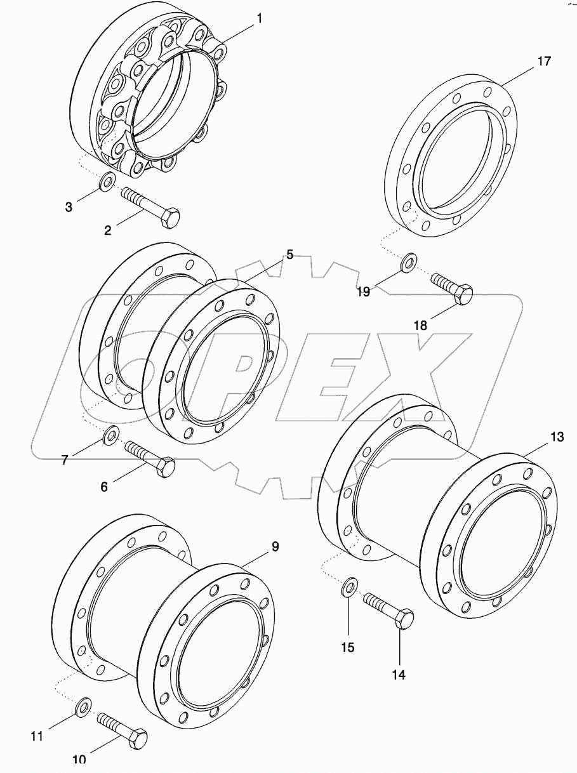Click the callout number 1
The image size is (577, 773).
pos(259,20)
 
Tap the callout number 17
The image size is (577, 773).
pos(543,62)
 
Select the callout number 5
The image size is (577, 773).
pos(289,255)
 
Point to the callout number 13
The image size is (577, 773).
pos(556,437)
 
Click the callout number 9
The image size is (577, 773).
pos(275,546)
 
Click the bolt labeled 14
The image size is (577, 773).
pos(388,608)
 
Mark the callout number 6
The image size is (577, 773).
pos(104,486)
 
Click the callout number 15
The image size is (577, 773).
pos(348,647)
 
